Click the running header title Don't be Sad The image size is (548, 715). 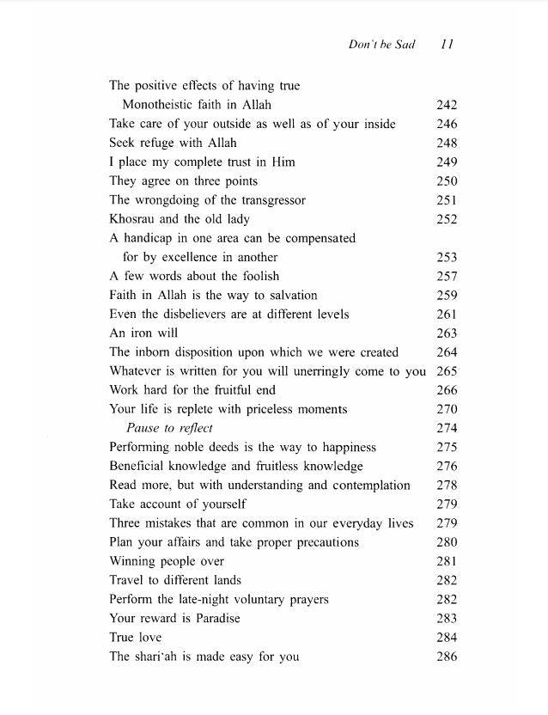click(x=381, y=45)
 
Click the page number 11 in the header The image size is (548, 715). click(x=446, y=45)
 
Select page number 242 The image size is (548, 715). click(x=447, y=105)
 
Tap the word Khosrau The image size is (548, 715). click(x=133, y=219)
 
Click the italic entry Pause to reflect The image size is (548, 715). click(x=169, y=428)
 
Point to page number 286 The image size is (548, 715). click(x=447, y=657)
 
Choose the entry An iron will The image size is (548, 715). click(x=143, y=333)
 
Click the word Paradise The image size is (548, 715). click(x=214, y=619)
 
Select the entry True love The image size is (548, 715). click(x=135, y=638)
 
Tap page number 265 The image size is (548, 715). click(x=447, y=371)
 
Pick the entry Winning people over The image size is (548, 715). click(x=167, y=561)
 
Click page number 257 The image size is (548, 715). click(x=447, y=276)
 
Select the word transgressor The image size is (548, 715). click(x=268, y=200)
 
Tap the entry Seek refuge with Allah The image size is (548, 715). click(x=173, y=143)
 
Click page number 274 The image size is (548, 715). click(x=447, y=428)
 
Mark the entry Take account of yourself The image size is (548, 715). click(x=178, y=504)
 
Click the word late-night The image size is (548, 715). click(x=201, y=599)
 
